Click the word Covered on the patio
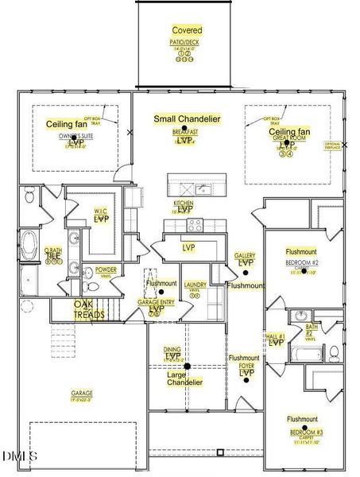coord(187,30)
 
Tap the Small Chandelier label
coord(187,119)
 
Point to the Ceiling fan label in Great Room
coord(289,132)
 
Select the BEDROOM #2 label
coord(302,262)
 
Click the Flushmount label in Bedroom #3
coord(303,418)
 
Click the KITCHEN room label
coord(184,204)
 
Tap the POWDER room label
coord(106,270)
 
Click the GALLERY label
coord(245,256)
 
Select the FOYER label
coord(246,366)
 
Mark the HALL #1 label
coord(275,337)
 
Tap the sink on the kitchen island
coord(203,189)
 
